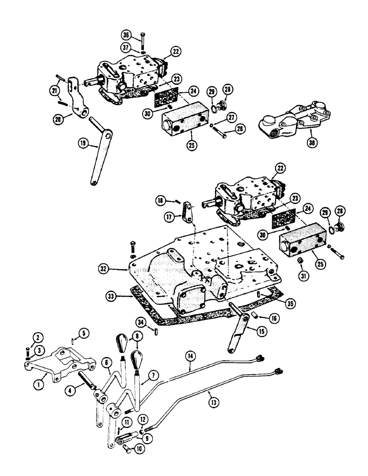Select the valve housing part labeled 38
coord(286,123)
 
